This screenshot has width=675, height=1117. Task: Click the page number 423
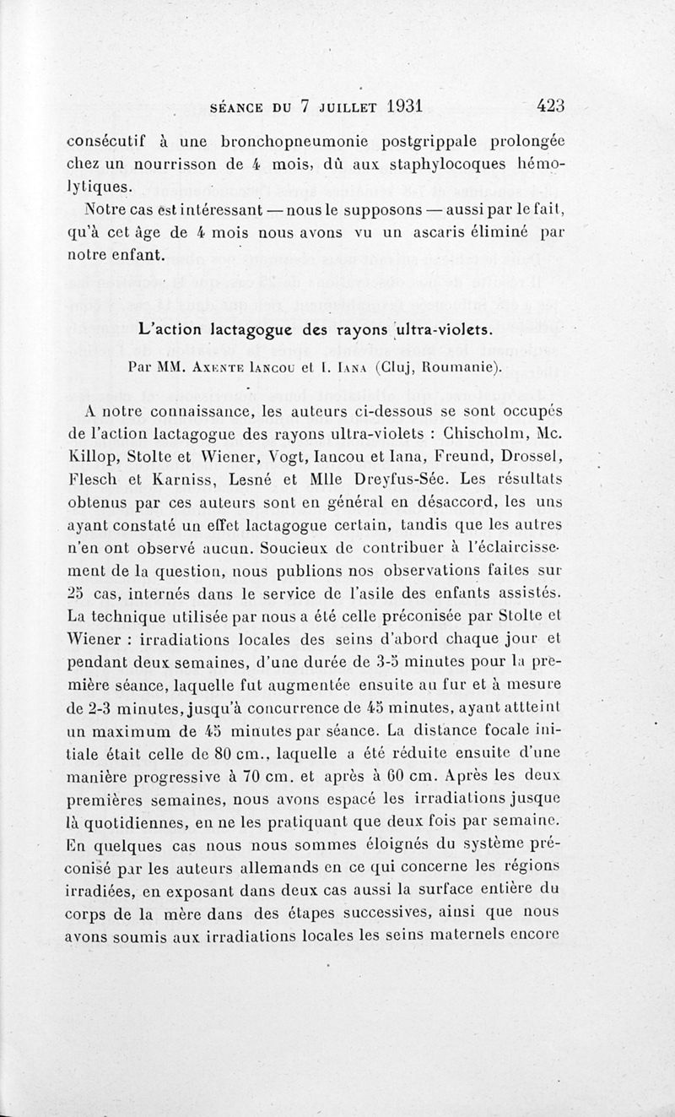[549, 106]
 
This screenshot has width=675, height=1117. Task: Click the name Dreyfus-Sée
[429, 480]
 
